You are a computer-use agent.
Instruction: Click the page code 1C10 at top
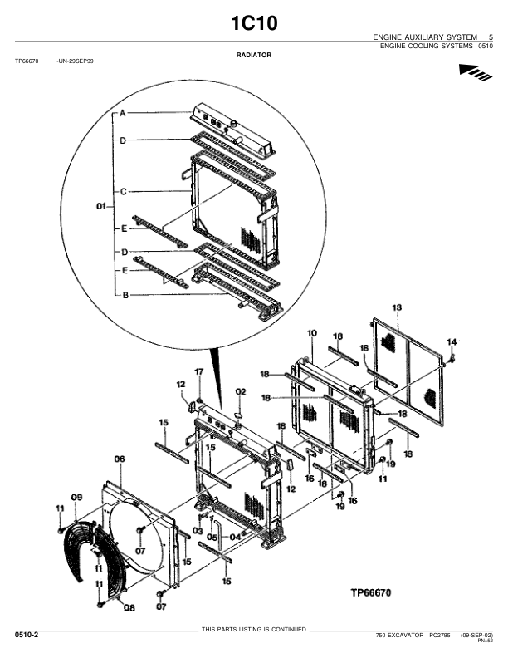coord(254,23)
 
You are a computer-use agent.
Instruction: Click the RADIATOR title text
coord(253,55)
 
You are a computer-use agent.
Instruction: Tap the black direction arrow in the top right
coord(476,72)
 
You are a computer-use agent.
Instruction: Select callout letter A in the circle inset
coord(122,113)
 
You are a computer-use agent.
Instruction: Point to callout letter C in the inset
coord(123,192)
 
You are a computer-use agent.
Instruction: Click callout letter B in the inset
coord(125,296)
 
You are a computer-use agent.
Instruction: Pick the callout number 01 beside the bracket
coord(101,207)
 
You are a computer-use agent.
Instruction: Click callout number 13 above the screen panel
coord(397,307)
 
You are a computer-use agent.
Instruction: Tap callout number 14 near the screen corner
coord(452,342)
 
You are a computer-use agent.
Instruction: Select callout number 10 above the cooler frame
coord(312,334)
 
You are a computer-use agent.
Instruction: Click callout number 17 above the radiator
coord(199,372)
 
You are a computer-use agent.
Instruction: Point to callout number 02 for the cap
coord(241,392)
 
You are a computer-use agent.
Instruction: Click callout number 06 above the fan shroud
coord(120,459)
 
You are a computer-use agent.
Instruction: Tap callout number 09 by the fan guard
coord(76,498)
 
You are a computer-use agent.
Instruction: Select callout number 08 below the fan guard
coord(129,607)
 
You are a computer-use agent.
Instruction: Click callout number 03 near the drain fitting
coord(198,531)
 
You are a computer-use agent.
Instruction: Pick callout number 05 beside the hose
coord(212,538)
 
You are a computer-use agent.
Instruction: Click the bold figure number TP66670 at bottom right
coord(370,592)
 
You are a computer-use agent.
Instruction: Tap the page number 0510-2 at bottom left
coord(27,635)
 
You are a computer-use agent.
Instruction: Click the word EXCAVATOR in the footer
coord(405,636)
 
